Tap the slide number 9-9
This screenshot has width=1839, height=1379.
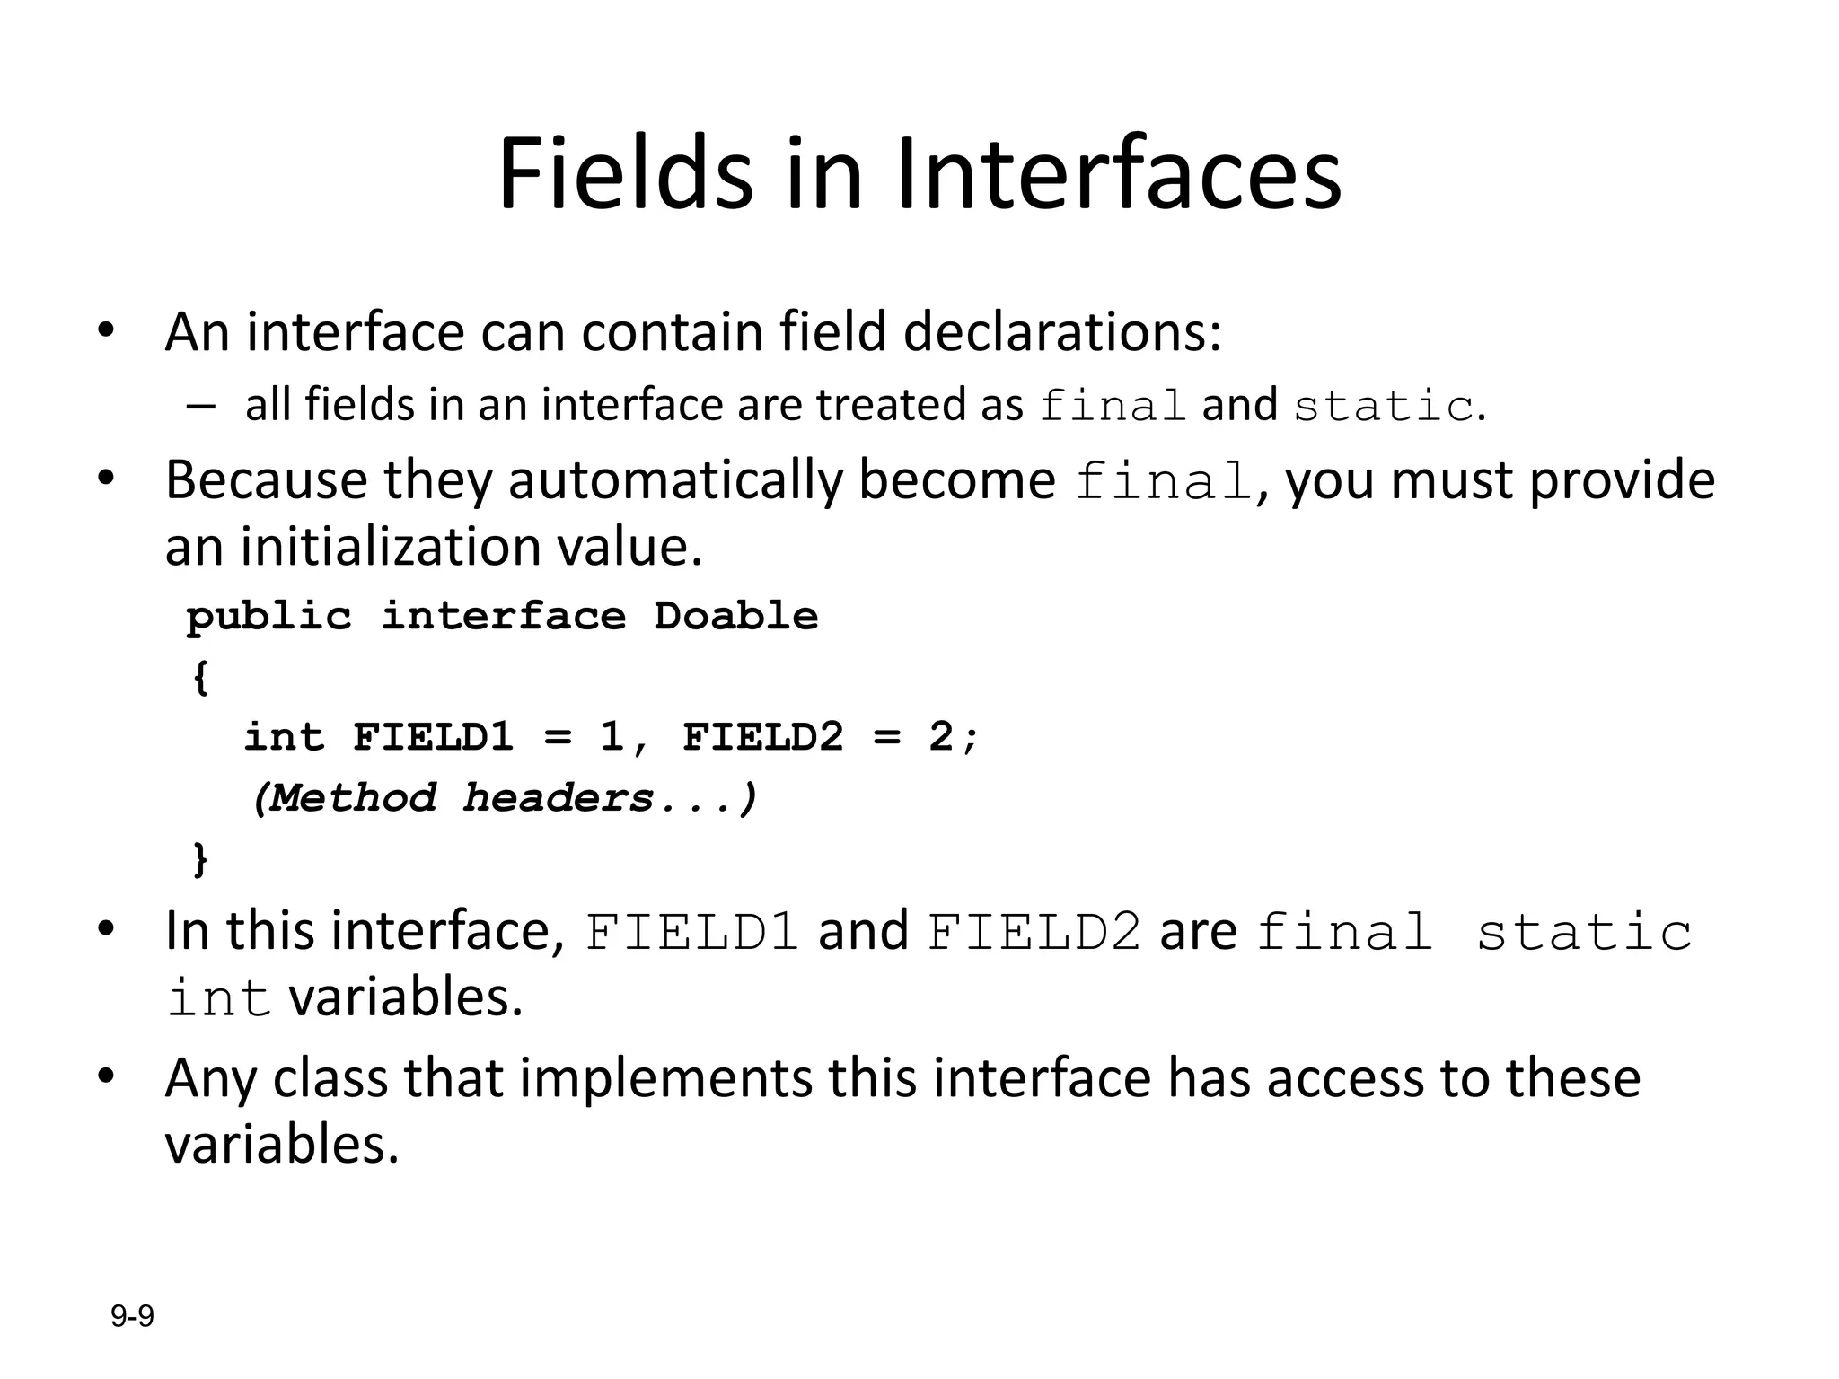(132, 1317)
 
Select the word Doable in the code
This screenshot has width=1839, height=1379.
(735, 617)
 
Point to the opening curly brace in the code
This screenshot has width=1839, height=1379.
(200, 678)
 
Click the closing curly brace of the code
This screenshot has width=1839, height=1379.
(200, 859)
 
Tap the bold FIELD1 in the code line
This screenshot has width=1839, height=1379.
(433, 738)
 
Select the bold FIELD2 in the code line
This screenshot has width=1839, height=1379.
(762, 738)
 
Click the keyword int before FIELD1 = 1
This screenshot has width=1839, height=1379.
(284, 738)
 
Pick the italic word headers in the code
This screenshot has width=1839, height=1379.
(558, 798)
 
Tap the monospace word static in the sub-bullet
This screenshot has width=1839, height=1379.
(1383, 407)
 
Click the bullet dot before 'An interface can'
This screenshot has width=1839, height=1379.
(106, 329)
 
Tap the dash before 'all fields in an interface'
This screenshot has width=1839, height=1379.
(201, 406)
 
